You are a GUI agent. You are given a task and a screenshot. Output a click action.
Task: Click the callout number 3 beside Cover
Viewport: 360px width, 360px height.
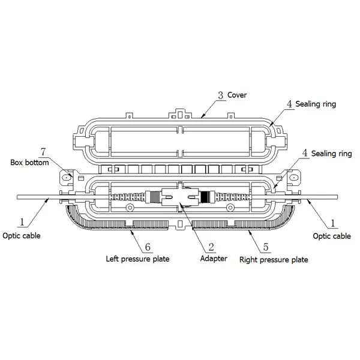click(221, 95)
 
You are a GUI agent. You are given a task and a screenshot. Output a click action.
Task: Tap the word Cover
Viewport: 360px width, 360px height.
click(237, 95)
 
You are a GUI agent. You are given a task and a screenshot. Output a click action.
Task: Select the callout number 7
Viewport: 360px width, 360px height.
click(42, 150)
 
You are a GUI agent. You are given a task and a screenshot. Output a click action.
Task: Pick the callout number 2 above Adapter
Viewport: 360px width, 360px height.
click(211, 245)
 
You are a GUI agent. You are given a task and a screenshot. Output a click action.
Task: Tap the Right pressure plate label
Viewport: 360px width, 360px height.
click(274, 260)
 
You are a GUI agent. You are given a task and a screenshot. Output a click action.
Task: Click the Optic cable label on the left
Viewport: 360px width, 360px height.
click(22, 236)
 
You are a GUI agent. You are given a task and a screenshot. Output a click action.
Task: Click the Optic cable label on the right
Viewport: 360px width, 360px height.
click(332, 236)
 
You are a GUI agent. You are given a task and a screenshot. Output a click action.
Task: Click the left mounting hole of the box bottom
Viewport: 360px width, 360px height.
click(67, 178)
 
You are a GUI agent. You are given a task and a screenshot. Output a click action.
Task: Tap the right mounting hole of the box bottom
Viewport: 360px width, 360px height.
click(293, 178)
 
